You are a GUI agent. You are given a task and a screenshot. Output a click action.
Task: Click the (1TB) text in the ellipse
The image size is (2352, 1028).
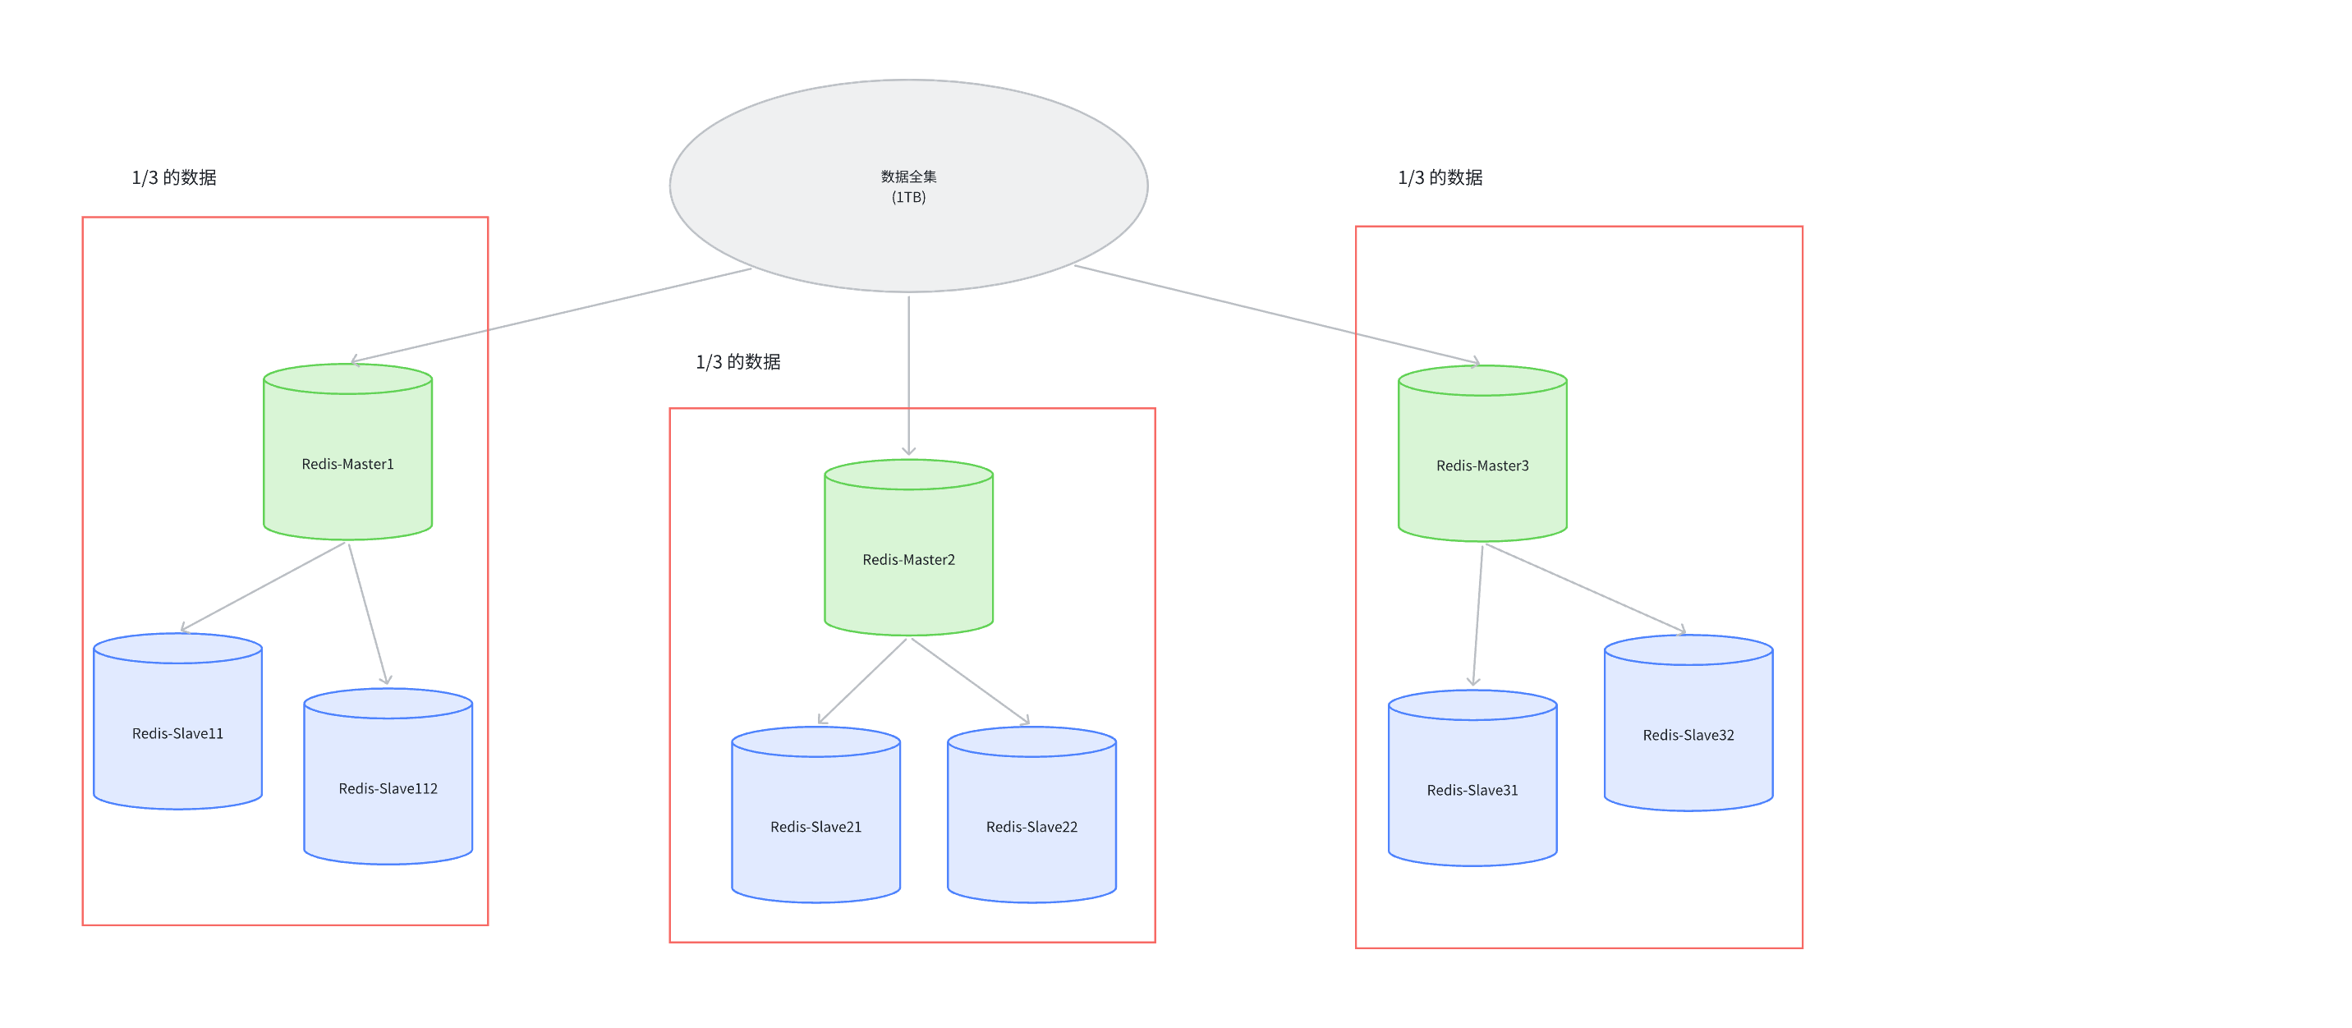pyautogui.click(x=908, y=197)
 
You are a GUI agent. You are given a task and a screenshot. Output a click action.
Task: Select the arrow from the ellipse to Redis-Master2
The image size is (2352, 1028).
pyautogui.click(x=908, y=374)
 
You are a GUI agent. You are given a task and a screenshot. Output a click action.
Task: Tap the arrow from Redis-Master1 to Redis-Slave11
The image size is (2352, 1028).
pyautogui.click(x=264, y=586)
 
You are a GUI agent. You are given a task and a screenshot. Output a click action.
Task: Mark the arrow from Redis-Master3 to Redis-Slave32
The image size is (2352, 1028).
pyautogui.click(x=1585, y=588)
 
